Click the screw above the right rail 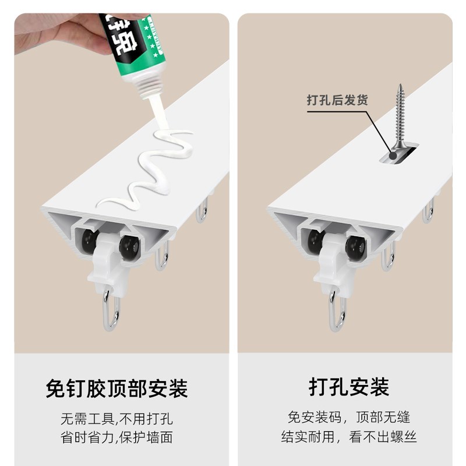[400, 116]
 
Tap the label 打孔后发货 [337, 100]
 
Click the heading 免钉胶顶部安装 [117, 389]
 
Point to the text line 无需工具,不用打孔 [117, 419]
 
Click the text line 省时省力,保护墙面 [117, 437]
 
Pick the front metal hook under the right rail [337, 312]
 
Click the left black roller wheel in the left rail [89, 241]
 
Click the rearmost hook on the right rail [429, 211]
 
